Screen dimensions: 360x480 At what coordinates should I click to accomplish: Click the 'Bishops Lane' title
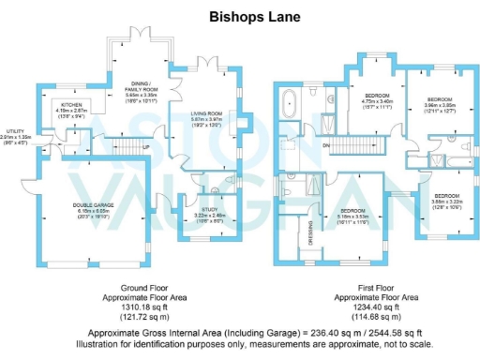click(x=239, y=16)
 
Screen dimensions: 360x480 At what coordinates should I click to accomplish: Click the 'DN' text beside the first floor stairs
click(x=325, y=145)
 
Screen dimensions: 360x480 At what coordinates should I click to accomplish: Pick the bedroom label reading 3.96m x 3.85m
click(x=441, y=99)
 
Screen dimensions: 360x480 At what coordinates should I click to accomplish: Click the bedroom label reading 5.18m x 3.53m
click(x=353, y=211)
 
